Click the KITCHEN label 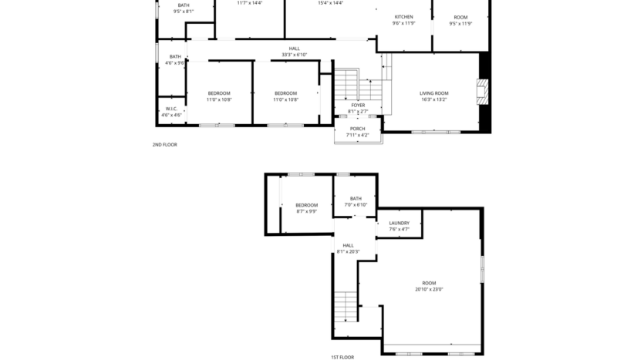pyautogui.click(x=403, y=17)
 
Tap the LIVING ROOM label pyautogui.click(x=433, y=93)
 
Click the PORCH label pyautogui.click(x=357, y=129)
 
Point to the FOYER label pyautogui.click(x=358, y=105)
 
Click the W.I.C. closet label pyautogui.click(x=171, y=109)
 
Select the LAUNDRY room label pyautogui.click(x=399, y=223)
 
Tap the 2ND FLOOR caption pyautogui.click(x=164, y=144)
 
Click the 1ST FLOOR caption pyautogui.click(x=342, y=356)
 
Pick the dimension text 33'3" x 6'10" pyautogui.click(x=294, y=55)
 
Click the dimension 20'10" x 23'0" pyautogui.click(x=429, y=289)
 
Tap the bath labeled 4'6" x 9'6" pyautogui.click(x=175, y=59)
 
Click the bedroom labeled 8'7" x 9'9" pyautogui.click(x=306, y=208)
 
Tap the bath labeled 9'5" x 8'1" pyautogui.click(x=184, y=8)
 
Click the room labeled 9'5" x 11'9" pyautogui.click(x=460, y=20)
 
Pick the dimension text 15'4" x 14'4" pyautogui.click(x=330, y=3)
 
